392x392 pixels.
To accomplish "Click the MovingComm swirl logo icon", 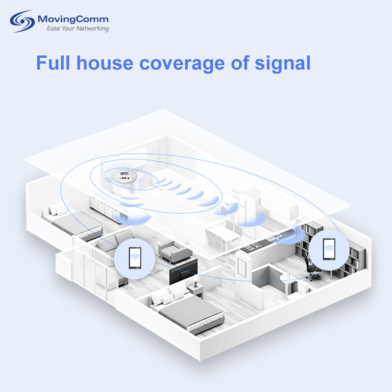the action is (22, 21).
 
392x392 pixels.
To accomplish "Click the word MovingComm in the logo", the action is (73, 19).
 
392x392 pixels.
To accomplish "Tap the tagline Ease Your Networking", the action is (78, 28).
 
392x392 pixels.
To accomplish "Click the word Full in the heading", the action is (53, 63).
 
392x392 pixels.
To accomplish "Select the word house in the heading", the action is (105, 63).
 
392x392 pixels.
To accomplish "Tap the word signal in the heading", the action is (282, 64).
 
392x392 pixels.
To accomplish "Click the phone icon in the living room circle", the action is (135, 258).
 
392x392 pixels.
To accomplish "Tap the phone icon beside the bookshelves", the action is (329, 249).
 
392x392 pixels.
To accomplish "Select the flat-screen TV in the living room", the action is (183, 271).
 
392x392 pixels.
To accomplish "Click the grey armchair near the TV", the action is (175, 251).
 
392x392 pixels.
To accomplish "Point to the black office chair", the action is (312, 268).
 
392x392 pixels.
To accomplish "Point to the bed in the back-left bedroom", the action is (73, 221).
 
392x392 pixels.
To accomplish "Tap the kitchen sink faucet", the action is (276, 233).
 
